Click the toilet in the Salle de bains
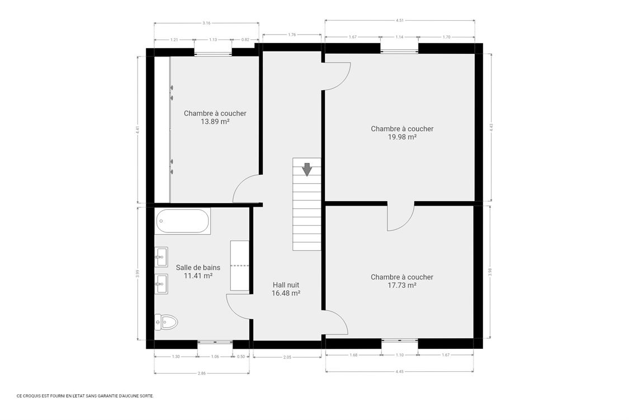point(166,321)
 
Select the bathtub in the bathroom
point(182,221)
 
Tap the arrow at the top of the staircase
point(306,169)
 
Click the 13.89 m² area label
point(215,121)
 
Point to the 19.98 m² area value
point(401,137)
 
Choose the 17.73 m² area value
point(401,285)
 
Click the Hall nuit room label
point(286,284)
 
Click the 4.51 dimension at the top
point(399,20)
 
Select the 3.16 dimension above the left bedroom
point(206,23)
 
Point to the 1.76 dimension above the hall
point(292,35)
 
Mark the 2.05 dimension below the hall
point(287,357)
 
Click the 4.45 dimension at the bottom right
point(399,371)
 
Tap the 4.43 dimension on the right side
point(491,127)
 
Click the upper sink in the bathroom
point(161,257)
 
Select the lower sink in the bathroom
point(161,284)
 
